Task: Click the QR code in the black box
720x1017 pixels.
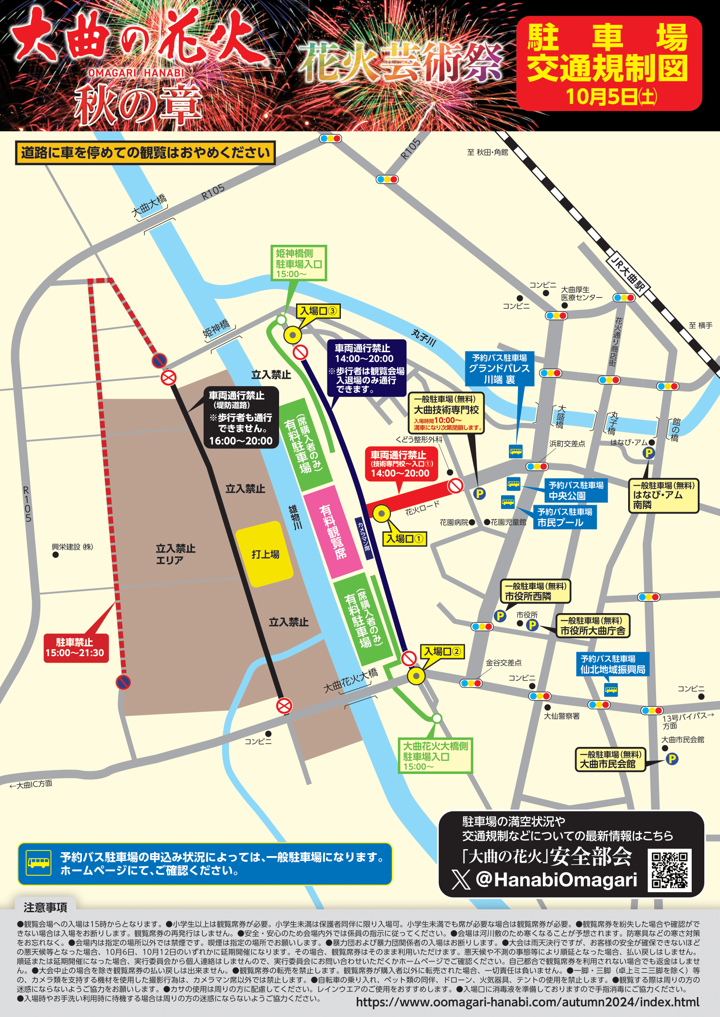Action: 670,870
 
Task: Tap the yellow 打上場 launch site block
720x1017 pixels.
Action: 264,554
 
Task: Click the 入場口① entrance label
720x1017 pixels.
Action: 404,539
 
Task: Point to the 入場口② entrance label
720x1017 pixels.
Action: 442,651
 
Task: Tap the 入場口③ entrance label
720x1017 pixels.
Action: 318,311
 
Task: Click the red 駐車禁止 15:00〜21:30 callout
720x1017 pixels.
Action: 75,647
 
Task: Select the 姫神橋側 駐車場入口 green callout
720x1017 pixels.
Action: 299,263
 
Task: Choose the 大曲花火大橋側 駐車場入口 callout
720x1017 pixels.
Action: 435,756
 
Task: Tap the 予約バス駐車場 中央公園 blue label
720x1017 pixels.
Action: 575,490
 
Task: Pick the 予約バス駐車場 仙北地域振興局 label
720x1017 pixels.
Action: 613,664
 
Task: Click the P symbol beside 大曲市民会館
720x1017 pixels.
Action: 672,759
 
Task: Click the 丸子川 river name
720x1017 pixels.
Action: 424,337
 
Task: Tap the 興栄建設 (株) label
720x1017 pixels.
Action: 72,547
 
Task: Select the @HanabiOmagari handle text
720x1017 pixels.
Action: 556,880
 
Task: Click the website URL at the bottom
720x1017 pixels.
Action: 527,1002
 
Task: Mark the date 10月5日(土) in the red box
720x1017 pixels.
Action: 611,97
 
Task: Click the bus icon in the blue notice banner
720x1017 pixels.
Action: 39,863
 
